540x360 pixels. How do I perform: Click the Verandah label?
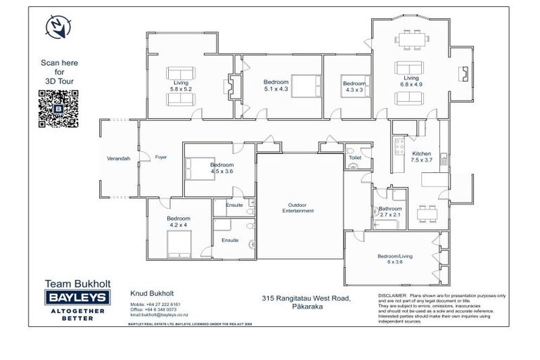click(118, 158)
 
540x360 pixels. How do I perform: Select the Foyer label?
click(161, 157)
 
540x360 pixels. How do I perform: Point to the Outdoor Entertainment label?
click(298, 207)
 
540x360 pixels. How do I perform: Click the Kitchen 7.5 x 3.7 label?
click(421, 157)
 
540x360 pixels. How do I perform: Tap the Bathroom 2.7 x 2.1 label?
click(390, 212)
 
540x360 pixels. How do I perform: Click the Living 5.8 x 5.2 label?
click(181, 86)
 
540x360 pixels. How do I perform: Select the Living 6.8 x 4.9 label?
click(411, 82)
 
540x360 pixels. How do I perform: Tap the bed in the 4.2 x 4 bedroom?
click(179, 245)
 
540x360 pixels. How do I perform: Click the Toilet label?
click(355, 158)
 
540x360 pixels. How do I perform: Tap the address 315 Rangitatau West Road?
click(305, 299)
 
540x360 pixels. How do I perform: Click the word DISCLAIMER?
click(392, 295)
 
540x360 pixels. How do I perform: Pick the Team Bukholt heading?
click(77, 284)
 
